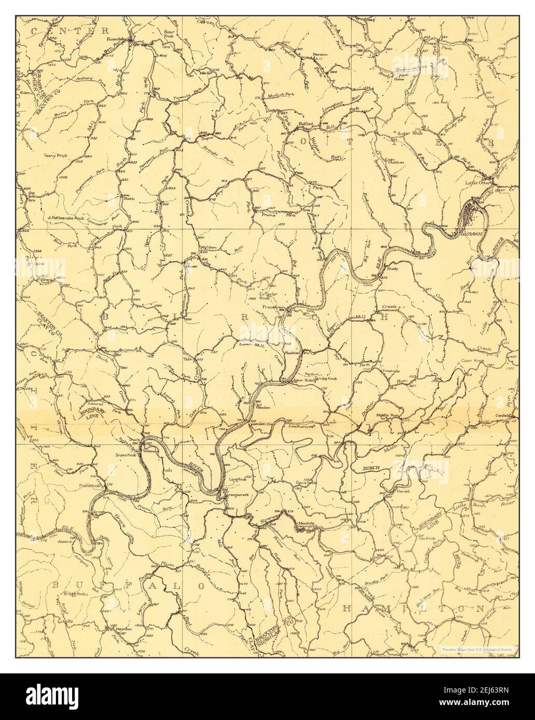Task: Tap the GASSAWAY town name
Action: click(x=470, y=234)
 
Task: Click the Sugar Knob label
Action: click(x=407, y=133)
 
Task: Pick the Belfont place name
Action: click(x=307, y=124)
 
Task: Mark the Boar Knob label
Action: click(x=171, y=34)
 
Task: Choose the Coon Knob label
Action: click(x=471, y=362)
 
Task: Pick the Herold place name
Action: click(x=403, y=491)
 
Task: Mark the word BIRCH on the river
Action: click(x=372, y=467)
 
